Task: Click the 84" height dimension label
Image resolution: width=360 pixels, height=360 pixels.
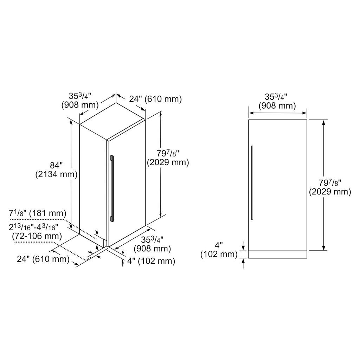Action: (x=56, y=165)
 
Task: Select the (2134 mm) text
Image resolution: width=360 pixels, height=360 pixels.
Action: (x=56, y=174)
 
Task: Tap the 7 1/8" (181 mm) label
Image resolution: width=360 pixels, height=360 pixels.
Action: (x=38, y=213)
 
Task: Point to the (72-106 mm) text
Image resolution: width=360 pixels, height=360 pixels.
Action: (x=37, y=236)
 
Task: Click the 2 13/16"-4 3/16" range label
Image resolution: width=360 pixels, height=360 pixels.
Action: (x=33, y=227)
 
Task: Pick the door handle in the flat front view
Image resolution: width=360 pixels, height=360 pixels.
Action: (x=252, y=183)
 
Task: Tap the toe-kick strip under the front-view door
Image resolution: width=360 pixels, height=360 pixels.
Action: (x=278, y=255)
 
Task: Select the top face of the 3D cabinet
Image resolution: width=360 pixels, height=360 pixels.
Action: (x=112, y=121)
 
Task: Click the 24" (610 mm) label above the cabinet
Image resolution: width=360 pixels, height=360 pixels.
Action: (x=155, y=99)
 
